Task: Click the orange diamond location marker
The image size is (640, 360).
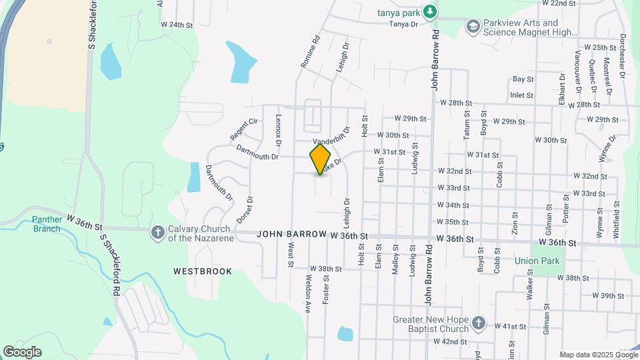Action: pos(321,159)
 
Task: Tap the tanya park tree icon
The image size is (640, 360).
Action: pos(431,11)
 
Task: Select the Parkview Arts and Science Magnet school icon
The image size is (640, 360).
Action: pos(473,26)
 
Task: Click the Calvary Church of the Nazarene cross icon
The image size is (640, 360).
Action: pos(158,232)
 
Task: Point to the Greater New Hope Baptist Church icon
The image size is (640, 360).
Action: pos(478,323)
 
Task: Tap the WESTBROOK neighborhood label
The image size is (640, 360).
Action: pos(203,271)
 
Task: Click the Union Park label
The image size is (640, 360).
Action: pos(537,261)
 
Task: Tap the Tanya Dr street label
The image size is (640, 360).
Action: pos(403,25)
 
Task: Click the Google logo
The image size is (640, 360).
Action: pos(22,352)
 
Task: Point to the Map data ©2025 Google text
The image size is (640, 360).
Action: pos(598,355)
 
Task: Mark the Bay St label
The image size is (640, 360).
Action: pos(523,79)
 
